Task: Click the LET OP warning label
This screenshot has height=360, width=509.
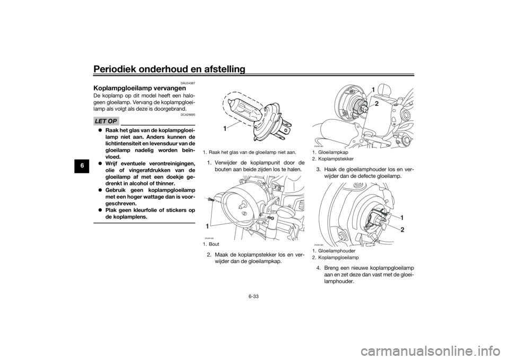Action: click(106, 121)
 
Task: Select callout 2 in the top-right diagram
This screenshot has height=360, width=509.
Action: click(376, 104)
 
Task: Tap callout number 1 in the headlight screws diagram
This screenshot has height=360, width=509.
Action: click(208, 226)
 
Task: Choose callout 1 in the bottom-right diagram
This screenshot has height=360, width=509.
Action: click(402, 218)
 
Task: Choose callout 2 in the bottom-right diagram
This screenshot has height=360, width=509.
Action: click(402, 231)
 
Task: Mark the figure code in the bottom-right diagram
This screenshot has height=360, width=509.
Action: click(319, 244)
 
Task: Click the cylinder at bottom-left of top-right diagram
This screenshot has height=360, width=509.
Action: click(329, 130)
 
